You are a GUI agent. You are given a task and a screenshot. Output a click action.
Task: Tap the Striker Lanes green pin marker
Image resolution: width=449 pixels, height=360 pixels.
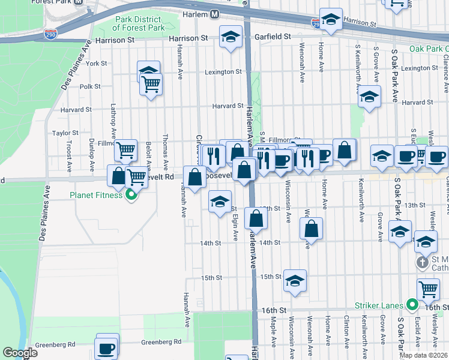point(412,305)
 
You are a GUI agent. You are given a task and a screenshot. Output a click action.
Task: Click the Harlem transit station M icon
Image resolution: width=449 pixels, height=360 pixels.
point(214,14)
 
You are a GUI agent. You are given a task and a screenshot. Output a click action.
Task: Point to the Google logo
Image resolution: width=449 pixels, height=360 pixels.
point(20,352)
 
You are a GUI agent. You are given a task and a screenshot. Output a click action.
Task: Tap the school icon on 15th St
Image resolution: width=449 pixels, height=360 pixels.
point(295,280)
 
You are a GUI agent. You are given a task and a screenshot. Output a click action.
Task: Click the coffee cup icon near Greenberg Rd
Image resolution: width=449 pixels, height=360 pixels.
point(107,347)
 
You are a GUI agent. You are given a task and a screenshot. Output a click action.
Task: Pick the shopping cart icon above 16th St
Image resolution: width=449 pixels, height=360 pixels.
point(428,289)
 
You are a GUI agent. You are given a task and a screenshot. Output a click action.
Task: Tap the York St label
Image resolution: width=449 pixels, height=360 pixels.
point(96,63)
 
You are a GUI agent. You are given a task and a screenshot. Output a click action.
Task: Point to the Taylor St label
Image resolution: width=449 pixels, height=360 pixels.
point(65,133)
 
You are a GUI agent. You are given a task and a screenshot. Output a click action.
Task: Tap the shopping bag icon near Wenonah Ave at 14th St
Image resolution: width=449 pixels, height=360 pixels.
point(311,228)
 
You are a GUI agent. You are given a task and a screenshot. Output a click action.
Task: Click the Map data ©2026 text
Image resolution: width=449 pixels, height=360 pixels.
point(423,355)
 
